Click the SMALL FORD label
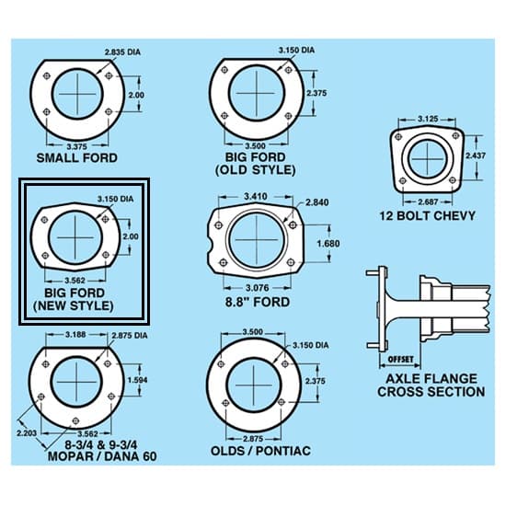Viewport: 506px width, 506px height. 76,157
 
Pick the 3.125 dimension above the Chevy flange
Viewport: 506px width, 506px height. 426,119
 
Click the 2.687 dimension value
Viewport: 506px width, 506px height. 426,201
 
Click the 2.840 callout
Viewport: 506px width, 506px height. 318,202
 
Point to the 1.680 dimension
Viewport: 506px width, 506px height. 328,243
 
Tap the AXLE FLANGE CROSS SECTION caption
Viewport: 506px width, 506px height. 431,385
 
